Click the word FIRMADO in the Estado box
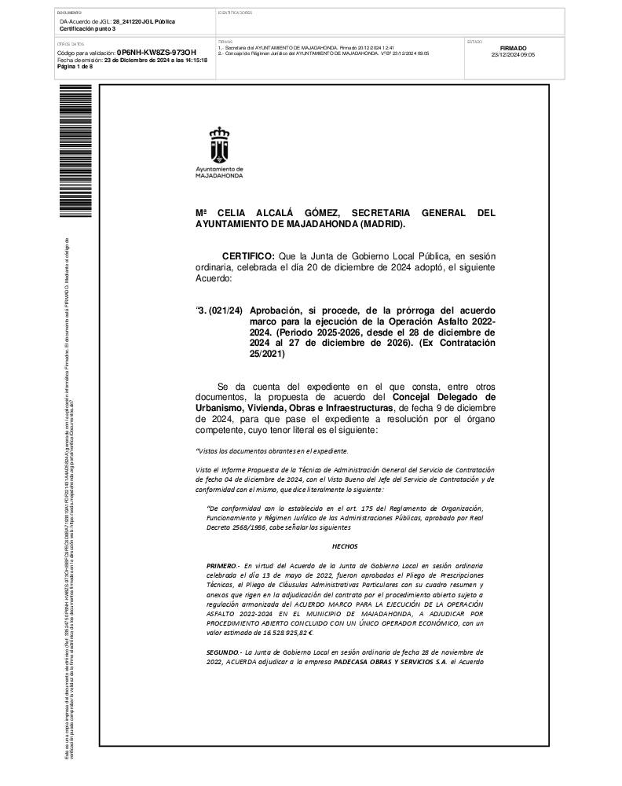(513, 48)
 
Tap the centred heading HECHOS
(345, 544)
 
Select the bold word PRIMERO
(224, 565)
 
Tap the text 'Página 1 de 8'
(75, 67)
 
